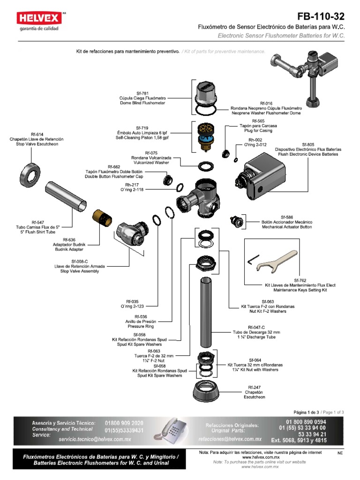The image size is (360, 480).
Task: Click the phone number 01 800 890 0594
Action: (x=302, y=422)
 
